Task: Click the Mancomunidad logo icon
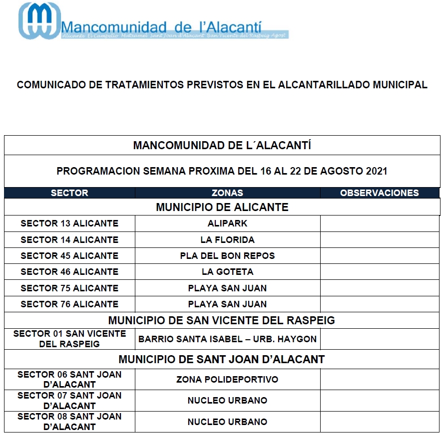click(39, 20)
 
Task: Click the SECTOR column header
click(69, 193)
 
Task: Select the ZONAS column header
click(227, 193)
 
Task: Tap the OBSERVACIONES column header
click(380, 193)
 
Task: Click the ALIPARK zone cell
click(227, 223)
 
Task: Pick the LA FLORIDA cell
click(227, 240)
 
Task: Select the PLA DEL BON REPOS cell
click(227, 256)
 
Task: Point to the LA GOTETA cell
click(227, 272)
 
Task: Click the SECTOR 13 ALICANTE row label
click(69, 223)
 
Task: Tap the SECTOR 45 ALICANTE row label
click(69, 256)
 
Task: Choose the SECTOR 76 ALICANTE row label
click(69, 304)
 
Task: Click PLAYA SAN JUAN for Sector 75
click(227, 288)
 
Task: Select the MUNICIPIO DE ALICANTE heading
click(222, 208)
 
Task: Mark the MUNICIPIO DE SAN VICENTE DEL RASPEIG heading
click(222, 320)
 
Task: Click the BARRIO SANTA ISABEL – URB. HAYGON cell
click(227, 339)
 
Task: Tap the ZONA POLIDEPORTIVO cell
click(227, 380)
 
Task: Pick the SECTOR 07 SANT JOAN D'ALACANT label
click(69, 401)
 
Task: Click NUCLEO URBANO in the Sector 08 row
click(227, 422)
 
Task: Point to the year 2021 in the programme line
click(377, 171)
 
